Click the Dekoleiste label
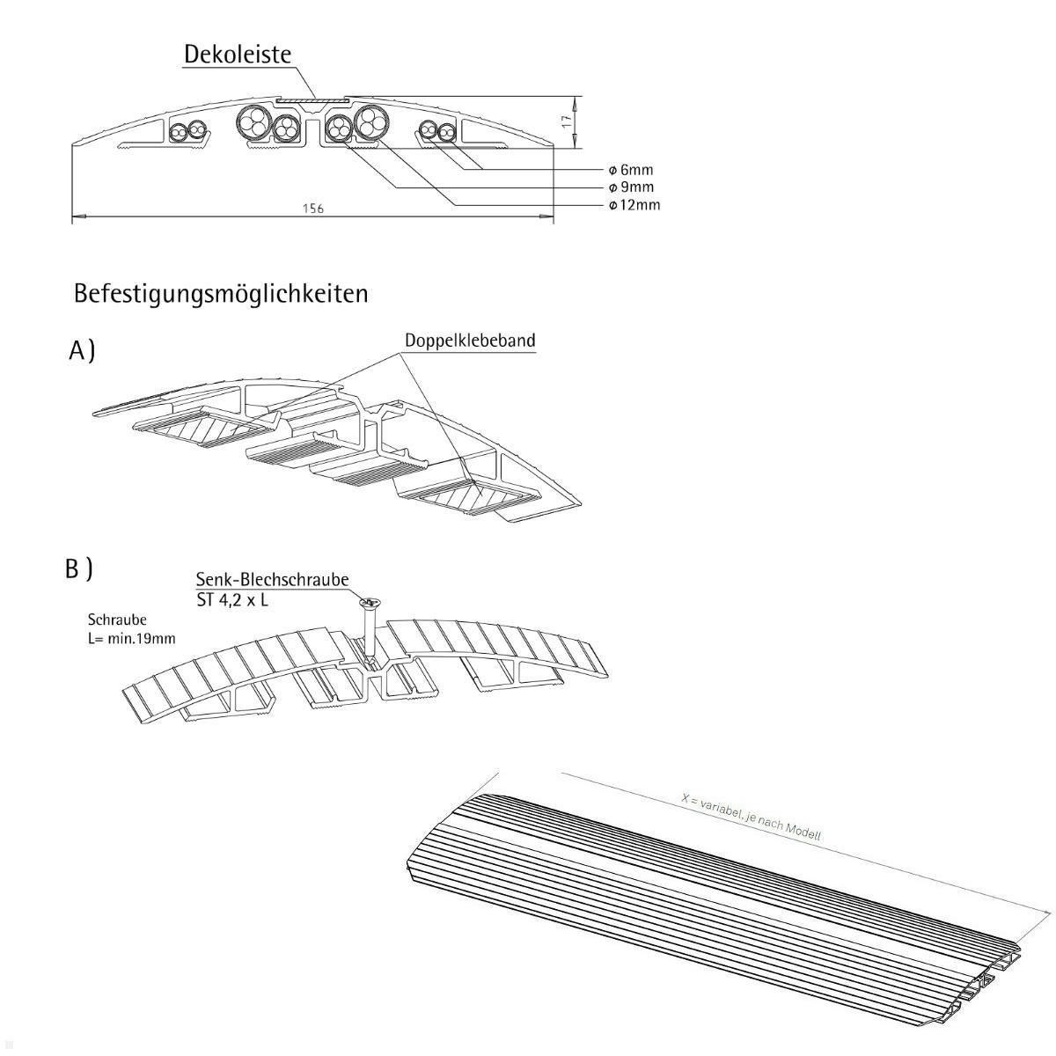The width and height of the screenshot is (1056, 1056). (x=237, y=55)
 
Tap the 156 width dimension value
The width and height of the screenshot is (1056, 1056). (x=313, y=209)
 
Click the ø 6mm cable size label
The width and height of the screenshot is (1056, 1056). (x=631, y=170)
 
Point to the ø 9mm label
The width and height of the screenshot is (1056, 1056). (x=631, y=187)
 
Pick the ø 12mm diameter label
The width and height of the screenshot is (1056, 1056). (x=634, y=205)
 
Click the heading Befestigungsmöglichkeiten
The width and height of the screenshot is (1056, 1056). (x=221, y=293)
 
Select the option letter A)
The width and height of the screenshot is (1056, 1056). (x=82, y=351)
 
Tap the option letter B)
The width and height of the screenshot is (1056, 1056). (x=79, y=569)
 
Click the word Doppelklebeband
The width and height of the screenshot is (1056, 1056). (x=470, y=341)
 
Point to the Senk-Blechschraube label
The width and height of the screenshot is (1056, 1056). (x=272, y=580)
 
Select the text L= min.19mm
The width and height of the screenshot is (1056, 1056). (x=126, y=638)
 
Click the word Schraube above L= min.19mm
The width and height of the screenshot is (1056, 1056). (x=117, y=620)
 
